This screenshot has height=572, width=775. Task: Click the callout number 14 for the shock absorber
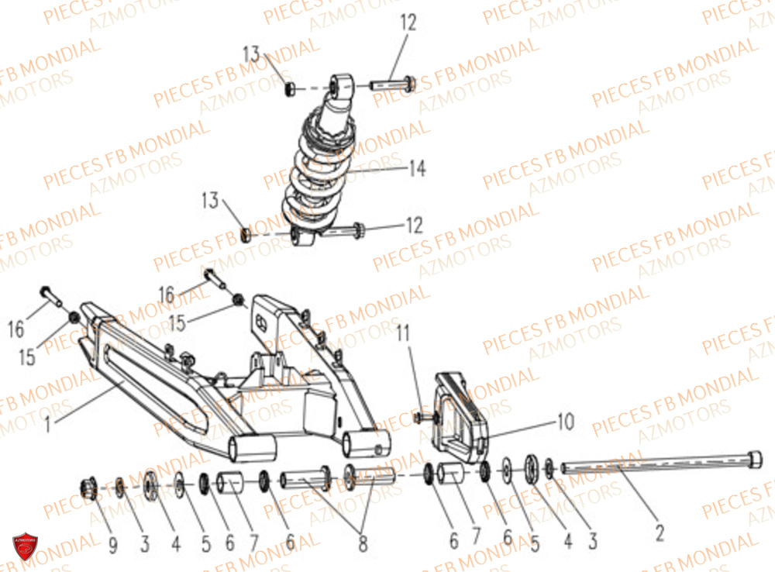(417, 168)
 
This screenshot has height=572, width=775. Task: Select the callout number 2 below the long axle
(660, 532)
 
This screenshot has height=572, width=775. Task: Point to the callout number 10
(565, 422)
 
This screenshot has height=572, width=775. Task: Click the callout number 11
(402, 335)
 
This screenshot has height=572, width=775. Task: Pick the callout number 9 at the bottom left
(113, 546)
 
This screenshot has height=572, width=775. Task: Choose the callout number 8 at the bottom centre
(362, 545)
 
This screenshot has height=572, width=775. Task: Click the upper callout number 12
(408, 22)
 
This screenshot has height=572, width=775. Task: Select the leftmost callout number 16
(16, 330)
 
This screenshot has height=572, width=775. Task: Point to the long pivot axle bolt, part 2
(659, 465)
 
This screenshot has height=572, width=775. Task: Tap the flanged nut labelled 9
(88, 488)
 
